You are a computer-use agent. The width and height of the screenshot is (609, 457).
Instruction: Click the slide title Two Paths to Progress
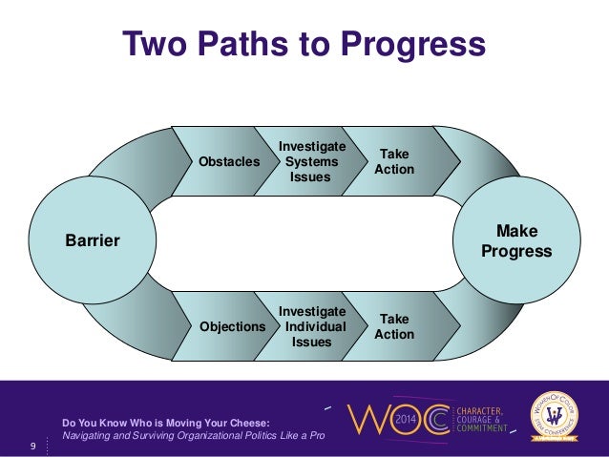[304, 45]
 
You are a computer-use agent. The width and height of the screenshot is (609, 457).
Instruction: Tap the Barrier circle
[92, 240]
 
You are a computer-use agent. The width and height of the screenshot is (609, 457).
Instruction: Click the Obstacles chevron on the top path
[228, 162]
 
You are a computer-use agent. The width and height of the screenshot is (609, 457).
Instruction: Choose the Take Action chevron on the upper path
[394, 161]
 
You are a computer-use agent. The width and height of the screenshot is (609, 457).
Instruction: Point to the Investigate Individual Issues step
[311, 326]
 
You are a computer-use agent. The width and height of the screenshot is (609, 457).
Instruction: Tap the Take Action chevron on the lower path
[394, 326]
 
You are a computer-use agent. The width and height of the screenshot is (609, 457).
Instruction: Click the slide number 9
[33, 445]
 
